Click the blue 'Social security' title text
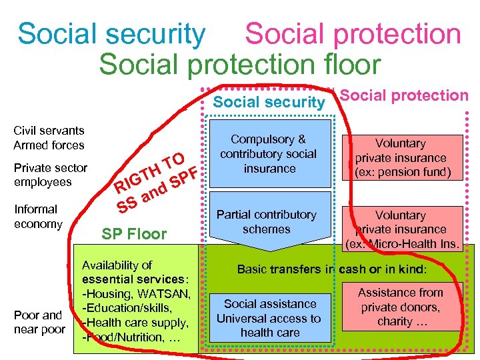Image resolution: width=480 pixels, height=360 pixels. point(111,34)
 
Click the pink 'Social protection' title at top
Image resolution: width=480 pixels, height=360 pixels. point(353,34)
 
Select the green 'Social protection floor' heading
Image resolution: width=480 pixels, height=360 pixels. point(239,64)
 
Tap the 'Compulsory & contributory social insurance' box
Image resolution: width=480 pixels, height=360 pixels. point(269,154)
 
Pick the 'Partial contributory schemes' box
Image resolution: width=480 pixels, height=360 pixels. point(267,222)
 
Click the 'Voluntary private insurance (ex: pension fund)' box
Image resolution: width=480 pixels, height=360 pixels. point(401,158)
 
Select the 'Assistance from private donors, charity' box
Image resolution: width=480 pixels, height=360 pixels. point(400,307)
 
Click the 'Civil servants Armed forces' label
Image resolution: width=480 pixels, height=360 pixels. point(49,138)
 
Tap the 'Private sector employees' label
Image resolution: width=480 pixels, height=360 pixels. point(50,175)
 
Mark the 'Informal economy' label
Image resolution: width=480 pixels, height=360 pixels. point(38,217)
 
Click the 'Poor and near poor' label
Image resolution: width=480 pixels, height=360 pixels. point(40,322)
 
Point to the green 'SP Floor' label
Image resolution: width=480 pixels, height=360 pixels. point(134,234)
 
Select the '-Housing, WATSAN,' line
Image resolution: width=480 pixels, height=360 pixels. point(136,294)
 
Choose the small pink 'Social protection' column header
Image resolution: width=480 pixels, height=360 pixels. point(405,95)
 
